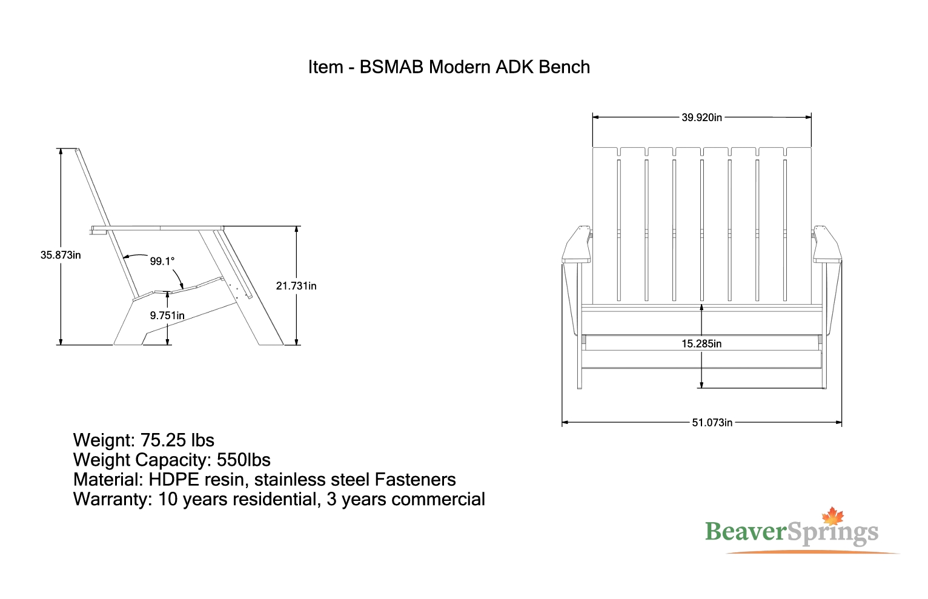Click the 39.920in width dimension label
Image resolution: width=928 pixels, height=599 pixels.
pos(701,117)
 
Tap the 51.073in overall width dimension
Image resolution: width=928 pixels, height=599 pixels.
pos(712,423)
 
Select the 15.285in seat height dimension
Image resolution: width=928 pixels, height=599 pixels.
pos(701,344)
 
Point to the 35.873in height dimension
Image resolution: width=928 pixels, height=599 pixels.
pos(61,255)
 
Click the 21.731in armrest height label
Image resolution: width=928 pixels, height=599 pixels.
pos(296,286)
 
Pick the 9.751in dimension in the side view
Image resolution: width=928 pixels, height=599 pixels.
pos(167,316)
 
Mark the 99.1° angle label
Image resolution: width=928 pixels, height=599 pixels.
pos(162,261)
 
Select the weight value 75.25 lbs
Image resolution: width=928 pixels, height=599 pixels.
pos(177,440)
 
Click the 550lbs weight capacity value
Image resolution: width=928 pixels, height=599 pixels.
pos(244,460)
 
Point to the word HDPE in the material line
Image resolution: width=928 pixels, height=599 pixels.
pos(174,480)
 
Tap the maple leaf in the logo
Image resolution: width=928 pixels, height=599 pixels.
pos(833,517)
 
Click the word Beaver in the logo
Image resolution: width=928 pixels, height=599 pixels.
pos(745,532)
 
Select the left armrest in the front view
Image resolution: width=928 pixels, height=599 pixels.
pos(577,245)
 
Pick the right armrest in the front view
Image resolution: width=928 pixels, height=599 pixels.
pos(827,245)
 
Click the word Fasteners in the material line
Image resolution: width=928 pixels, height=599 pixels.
pos(415,480)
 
